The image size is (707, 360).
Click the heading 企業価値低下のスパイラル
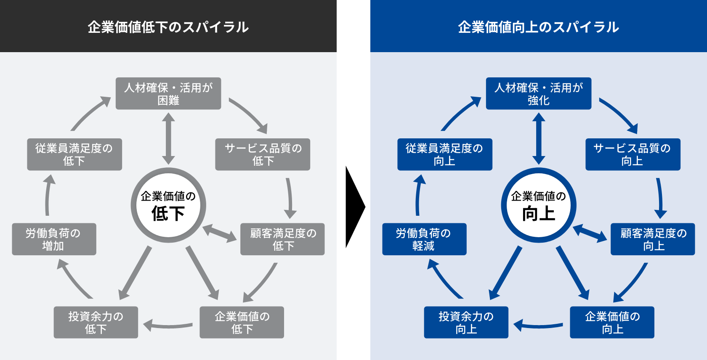click(168, 27)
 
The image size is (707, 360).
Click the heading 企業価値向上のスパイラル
click(538, 27)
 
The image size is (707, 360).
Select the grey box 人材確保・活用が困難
click(168, 93)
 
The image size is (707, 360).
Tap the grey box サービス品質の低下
click(263, 154)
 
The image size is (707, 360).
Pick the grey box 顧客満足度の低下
click(282, 239)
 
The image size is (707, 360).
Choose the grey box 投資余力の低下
click(96, 322)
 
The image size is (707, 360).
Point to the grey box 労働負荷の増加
click(54, 239)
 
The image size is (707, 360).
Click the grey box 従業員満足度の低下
click(74, 154)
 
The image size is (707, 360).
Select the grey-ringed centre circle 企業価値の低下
click(168, 205)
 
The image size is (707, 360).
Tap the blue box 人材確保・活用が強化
click(539, 93)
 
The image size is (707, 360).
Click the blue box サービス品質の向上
click(633, 154)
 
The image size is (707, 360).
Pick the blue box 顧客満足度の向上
click(653, 239)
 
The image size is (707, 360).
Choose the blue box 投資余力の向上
click(466, 322)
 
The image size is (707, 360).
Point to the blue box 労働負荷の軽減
click(424, 239)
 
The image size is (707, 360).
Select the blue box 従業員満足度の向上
click(445, 154)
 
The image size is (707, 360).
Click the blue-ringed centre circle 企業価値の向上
click(539, 205)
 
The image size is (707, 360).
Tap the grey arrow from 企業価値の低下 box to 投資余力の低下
click(168, 326)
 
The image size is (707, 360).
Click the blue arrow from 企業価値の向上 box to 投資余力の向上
click(539, 326)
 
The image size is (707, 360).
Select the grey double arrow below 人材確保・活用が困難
click(168, 138)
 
